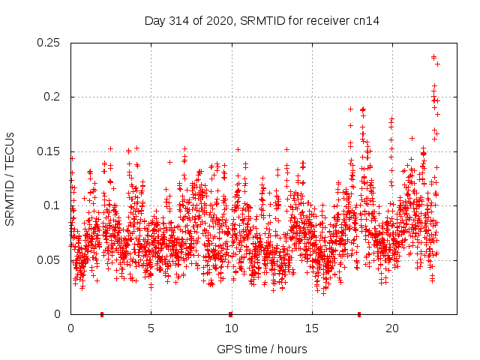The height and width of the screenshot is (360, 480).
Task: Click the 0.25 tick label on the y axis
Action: click(49, 43)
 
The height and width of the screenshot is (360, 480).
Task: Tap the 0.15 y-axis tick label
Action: click(49, 151)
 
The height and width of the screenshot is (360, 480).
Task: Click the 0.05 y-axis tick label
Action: click(49, 260)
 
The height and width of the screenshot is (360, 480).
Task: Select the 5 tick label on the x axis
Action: click(151, 328)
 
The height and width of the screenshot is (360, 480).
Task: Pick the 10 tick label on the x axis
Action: click(231, 328)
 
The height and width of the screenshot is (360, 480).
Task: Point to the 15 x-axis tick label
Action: click(311, 328)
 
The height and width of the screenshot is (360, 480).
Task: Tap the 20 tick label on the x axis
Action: click(391, 328)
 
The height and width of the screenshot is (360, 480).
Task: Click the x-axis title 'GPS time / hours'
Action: click(262, 349)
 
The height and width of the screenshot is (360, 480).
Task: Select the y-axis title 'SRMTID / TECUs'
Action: click(10, 178)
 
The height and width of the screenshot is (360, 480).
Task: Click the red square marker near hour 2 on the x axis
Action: click(102, 313)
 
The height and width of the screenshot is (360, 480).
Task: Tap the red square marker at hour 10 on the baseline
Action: click(230, 313)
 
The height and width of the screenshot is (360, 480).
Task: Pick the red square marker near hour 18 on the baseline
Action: click(359, 313)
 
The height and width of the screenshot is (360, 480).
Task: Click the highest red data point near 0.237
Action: click(433, 57)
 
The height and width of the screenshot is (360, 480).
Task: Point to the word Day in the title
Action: click(154, 20)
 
